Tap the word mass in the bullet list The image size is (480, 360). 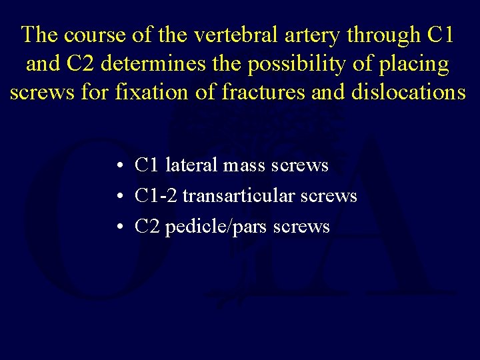(246, 165)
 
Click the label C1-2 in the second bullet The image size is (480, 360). (156, 196)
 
